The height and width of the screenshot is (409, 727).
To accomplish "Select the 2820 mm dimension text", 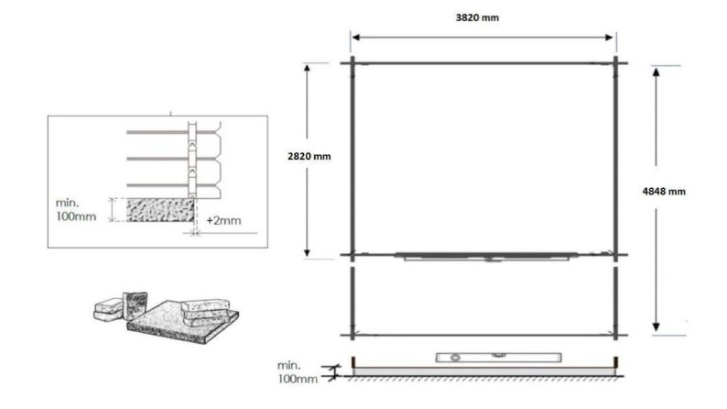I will coord(309,157).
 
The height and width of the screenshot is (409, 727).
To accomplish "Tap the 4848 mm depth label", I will coord(664,192).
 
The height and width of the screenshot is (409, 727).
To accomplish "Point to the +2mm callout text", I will coord(223,221).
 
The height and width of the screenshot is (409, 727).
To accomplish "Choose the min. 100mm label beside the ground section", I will coord(298,372).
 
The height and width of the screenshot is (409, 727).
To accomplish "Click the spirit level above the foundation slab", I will coord(472,356).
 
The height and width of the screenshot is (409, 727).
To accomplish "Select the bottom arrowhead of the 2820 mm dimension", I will coord(309,253).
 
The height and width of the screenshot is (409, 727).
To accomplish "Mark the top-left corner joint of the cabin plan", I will coord(350,63).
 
